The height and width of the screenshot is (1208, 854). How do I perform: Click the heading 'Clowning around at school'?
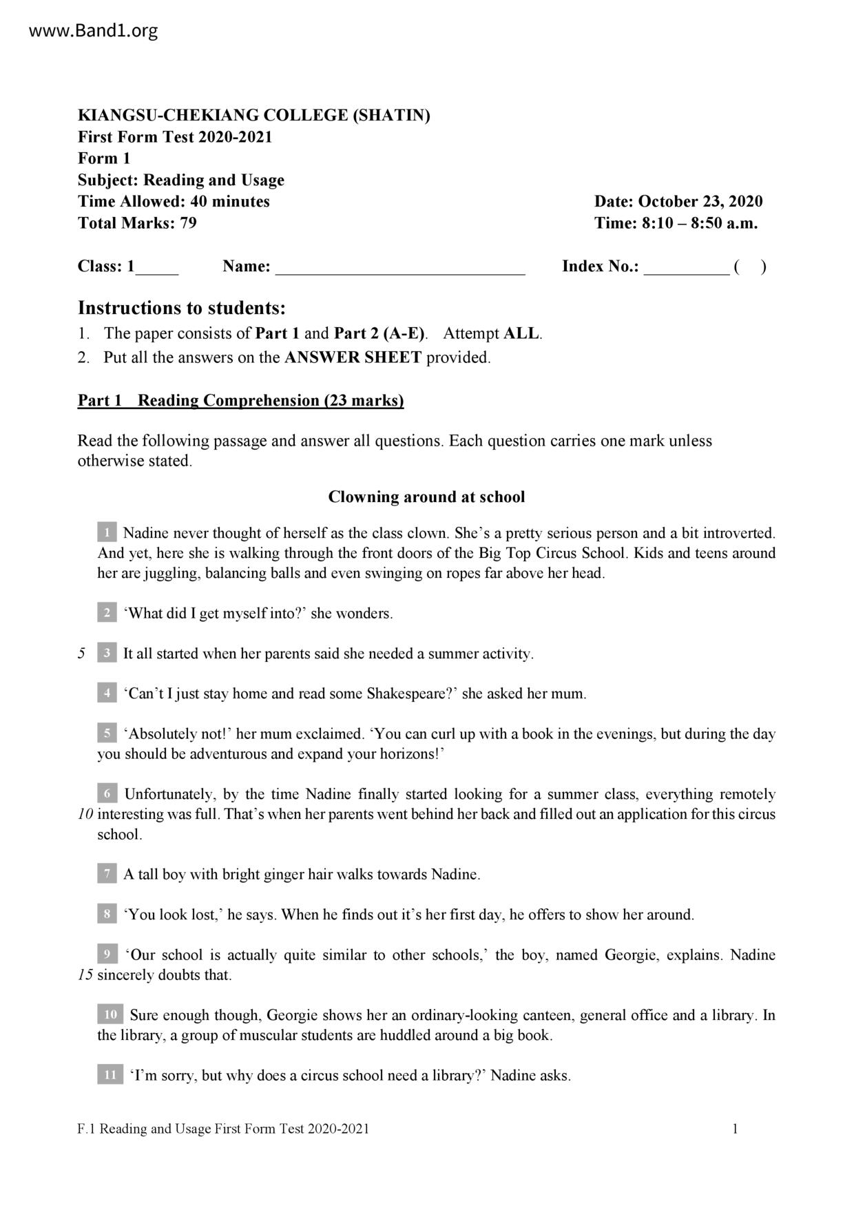(x=426, y=497)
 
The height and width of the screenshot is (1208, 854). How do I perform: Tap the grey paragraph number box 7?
(x=107, y=874)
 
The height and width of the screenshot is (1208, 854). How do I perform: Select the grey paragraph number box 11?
(x=110, y=1075)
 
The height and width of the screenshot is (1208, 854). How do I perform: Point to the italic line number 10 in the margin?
(x=85, y=814)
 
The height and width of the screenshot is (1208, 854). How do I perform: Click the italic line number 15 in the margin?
(x=85, y=975)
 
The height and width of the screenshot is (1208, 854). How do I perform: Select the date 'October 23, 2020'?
(x=700, y=201)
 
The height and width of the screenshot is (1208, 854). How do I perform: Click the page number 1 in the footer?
(x=736, y=1128)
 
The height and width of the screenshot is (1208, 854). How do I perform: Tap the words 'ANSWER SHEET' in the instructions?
(x=353, y=357)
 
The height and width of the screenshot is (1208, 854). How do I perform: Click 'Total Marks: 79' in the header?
(x=137, y=222)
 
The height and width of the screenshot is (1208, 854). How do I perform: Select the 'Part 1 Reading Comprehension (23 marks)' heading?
(x=240, y=400)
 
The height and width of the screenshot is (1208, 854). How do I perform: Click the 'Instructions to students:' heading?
(x=181, y=307)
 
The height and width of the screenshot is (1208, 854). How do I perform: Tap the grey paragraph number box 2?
(x=107, y=613)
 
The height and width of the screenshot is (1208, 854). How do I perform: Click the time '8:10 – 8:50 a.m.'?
(x=700, y=222)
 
